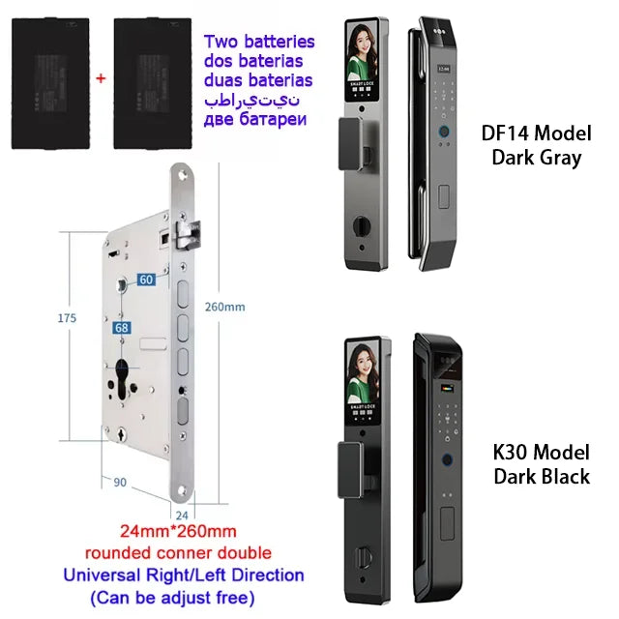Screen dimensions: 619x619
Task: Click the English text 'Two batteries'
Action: (x=258, y=42)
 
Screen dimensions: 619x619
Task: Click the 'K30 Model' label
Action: (x=542, y=453)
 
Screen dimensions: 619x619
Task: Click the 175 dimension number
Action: (x=65, y=315)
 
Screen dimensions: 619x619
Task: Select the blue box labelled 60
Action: (x=145, y=280)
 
